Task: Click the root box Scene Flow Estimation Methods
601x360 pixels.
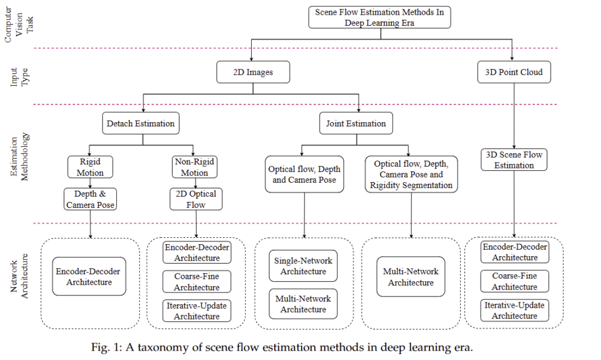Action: [379, 17]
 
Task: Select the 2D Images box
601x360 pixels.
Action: [253, 73]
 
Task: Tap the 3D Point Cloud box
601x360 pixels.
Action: [514, 72]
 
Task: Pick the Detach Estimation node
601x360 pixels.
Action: [140, 123]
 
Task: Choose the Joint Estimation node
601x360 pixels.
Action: [356, 123]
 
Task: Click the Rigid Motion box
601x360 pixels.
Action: [90, 166]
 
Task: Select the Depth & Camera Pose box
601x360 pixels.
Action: [90, 199]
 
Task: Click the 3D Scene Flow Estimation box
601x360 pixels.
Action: [514, 160]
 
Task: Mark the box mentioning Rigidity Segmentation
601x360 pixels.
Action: [410, 174]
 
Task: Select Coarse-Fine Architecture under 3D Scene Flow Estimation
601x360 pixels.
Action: [514, 281]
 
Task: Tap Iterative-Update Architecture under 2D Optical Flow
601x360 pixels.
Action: [197, 311]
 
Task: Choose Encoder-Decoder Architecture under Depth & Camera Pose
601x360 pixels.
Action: [90, 277]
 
